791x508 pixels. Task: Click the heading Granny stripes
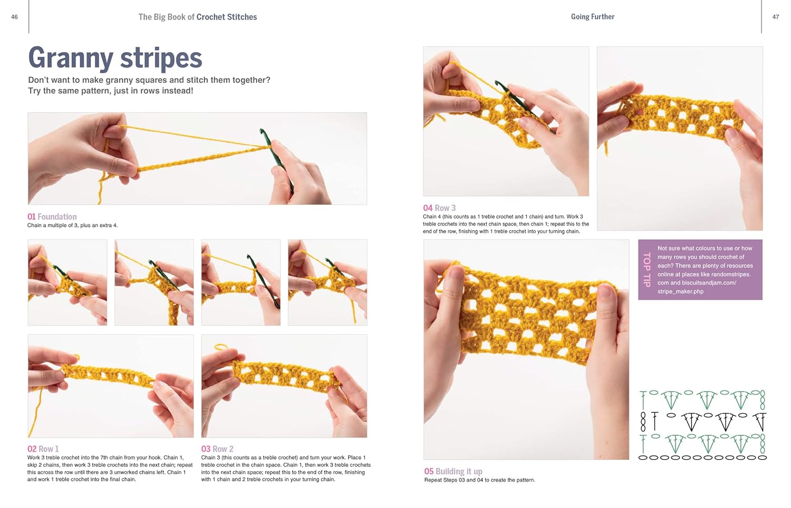(115, 58)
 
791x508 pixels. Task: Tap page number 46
(14, 17)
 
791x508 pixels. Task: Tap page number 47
(775, 17)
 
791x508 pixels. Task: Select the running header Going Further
(592, 17)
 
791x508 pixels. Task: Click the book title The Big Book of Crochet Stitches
(197, 17)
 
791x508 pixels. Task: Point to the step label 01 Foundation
(52, 217)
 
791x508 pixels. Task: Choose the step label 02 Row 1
(43, 449)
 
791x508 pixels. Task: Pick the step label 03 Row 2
(217, 449)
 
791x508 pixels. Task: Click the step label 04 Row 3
(439, 208)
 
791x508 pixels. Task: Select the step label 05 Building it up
(453, 471)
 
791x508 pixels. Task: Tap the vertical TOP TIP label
(647, 270)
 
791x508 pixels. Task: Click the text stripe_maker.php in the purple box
(680, 291)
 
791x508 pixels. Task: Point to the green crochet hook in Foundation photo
(276, 158)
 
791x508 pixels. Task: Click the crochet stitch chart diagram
(702, 425)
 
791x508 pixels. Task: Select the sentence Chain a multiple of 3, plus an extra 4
(72, 226)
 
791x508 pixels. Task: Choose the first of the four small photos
(67, 282)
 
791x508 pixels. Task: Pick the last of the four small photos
(327, 282)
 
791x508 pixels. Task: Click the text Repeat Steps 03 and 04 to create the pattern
(479, 480)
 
